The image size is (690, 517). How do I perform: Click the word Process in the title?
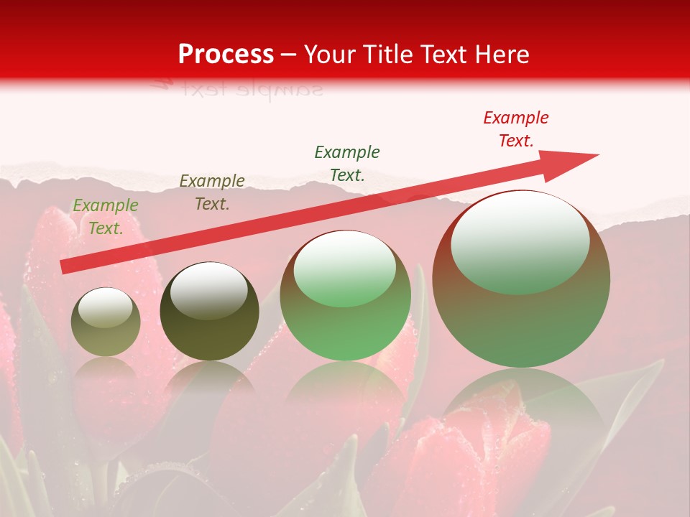point(226,55)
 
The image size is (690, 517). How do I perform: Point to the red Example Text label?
point(515,129)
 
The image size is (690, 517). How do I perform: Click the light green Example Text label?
point(105,217)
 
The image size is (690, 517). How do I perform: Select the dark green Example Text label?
point(347,163)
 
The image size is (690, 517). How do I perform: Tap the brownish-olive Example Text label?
point(212,192)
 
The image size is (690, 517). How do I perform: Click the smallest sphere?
point(106,322)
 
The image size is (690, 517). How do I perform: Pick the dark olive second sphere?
point(209,311)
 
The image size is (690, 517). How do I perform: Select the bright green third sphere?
point(346,296)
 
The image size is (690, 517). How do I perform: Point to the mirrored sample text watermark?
point(237,90)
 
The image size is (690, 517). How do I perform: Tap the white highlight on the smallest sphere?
point(105,307)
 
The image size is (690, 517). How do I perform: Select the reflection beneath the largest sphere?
point(521,402)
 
